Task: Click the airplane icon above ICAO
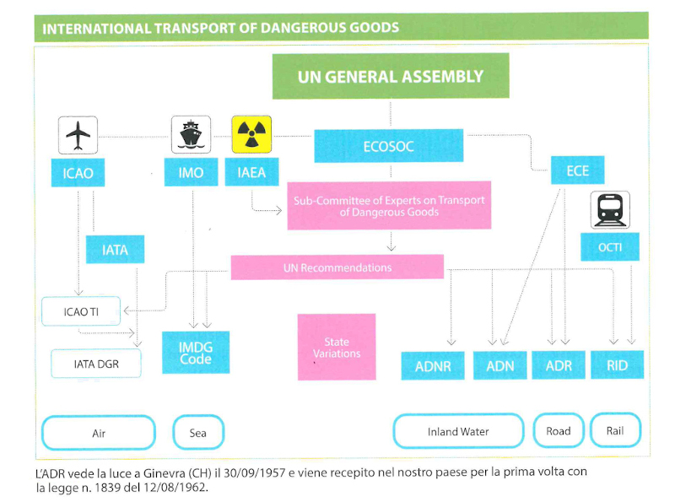pyautogui.click(x=78, y=135)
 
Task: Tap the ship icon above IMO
pyautogui.click(x=192, y=134)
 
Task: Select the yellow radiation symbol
pyautogui.click(x=251, y=134)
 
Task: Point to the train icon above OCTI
pyautogui.click(x=610, y=210)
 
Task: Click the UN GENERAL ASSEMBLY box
pyautogui.click(x=391, y=76)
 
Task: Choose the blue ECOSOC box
pyautogui.click(x=389, y=146)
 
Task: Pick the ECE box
pyautogui.click(x=578, y=170)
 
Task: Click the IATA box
pyautogui.click(x=116, y=249)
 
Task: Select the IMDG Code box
pyautogui.click(x=196, y=353)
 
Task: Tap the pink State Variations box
pyautogui.click(x=337, y=347)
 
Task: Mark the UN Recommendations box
pyautogui.click(x=337, y=267)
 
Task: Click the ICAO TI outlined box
pyautogui.click(x=81, y=310)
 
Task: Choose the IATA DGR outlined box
pyautogui.click(x=96, y=364)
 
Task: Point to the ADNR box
pyautogui.click(x=433, y=366)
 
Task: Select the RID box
pyautogui.click(x=618, y=365)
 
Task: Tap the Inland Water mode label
pyautogui.click(x=458, y=431)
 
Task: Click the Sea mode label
pyautogui.click(x=198, y=433)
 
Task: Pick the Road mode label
pyautogui.click(x=559, y=431)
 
